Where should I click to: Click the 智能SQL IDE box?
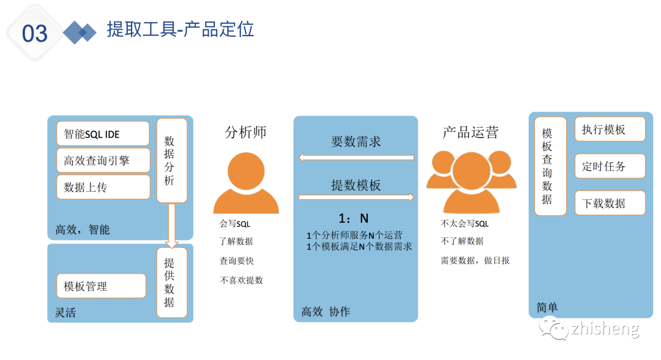pyautogui.click(x=103, y=133)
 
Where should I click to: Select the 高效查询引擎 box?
pyautogui.click(x=103, y=160)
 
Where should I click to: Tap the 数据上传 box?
pyautogui.click(x=103, y=187)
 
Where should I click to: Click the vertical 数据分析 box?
pyautogui.click(x=171, y=160)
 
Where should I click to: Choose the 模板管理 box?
pyautogui.click(x=101, y=286)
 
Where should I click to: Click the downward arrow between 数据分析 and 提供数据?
pyautogui.click(x=171, y=226)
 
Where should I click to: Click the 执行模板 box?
pyautogui.click(x=610, y=130)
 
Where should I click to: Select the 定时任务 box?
pyautogui.click(x=610, y=166)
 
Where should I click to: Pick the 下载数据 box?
pyautogui.click(x=610, y=203)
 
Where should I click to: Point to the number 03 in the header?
pyautogui.click(x=35, y=34)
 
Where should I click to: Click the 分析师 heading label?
pyautogui.click(x=246, y=132)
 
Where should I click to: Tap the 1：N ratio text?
pyautogui.click(x=354, y=219)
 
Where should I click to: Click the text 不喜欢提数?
pyautogui.click(x=241, y=280)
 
